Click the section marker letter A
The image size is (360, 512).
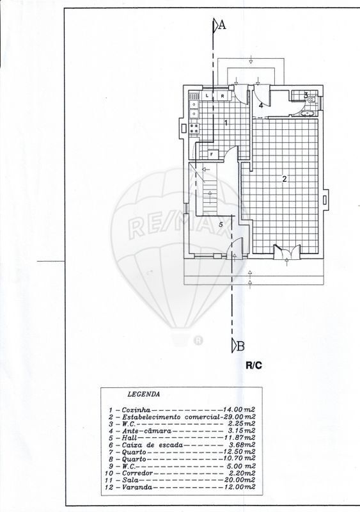point(222,25)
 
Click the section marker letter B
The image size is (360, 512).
point(240,346)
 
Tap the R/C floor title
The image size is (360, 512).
point(254,365)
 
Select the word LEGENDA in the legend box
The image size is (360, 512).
point(144,394)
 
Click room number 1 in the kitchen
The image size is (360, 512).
point(226,123)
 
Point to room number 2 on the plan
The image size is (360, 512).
point(285,179)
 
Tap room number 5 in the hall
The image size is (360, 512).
point(221,225)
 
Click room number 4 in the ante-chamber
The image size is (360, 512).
point(261,105)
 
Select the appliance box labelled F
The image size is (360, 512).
point(212,154)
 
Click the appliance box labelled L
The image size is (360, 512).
point(207,96)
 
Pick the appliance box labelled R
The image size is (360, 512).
point(223,96)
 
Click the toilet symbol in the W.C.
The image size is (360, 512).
point(311,99)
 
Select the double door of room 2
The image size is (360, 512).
point(286,251)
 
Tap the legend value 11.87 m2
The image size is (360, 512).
point(240,438)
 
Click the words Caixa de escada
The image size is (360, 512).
point(152,445)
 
